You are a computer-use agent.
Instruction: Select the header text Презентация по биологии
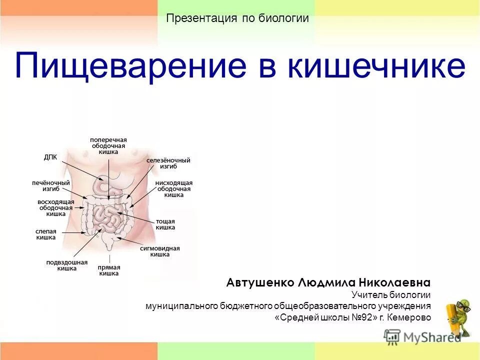(x=237, y=18)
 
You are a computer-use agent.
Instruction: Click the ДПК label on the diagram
(x=50, y=157)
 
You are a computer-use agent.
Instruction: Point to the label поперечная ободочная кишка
(x=108, y=145)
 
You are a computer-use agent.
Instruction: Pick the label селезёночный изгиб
(x=168, y=163)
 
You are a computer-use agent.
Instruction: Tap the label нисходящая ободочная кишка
(x=173, y=189)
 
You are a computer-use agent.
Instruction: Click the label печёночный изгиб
(x=51, y=186)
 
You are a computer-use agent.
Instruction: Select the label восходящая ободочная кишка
(x=56, y=207)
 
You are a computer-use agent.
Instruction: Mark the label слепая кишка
(x=45, y=234)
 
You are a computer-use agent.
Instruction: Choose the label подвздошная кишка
(x=67, y=265)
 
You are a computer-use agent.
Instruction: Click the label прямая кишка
(x=109, y=270)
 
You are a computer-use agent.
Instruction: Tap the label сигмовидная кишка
(x=160, y=251)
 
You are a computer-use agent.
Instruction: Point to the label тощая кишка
(x=165, y=224)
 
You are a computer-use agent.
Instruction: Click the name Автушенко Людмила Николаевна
(x=328, y=282)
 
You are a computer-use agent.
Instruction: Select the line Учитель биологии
(x=390, y=295)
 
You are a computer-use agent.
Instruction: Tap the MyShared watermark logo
(x=422, y=337)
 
